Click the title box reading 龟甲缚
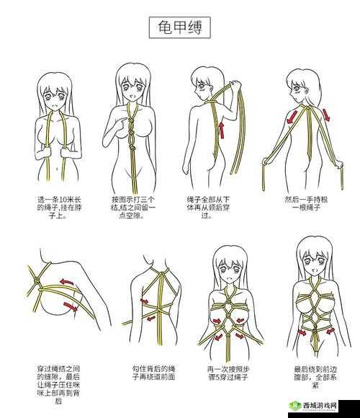pyautogui.click(x=179, y=28)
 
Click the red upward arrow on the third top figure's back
pyautogui.click(x=221, y=130)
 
